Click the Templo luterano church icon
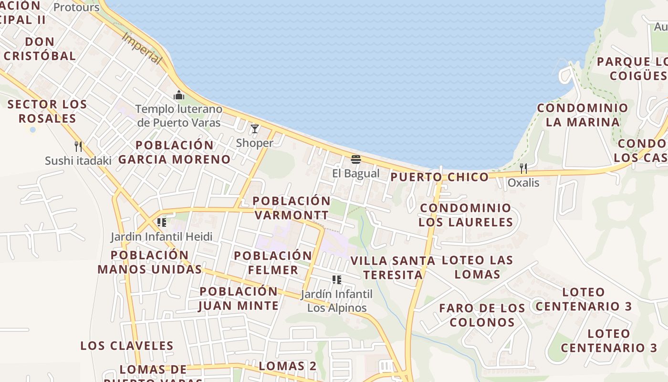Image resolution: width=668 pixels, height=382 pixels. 179,95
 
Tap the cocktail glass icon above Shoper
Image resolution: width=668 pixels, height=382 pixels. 255,128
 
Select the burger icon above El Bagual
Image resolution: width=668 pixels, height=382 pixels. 355,159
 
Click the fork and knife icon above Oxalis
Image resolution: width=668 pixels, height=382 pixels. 523,168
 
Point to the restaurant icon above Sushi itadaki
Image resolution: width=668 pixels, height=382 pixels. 78,146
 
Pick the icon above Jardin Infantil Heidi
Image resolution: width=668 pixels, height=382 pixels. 161,222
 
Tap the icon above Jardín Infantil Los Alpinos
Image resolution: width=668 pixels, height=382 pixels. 337,279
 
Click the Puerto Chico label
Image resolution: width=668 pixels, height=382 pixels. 439,177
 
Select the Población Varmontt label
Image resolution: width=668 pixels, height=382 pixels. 292,208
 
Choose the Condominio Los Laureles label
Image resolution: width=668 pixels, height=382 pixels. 466,215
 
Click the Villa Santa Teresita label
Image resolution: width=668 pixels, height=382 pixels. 393,267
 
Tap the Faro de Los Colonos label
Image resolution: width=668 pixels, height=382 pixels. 482,315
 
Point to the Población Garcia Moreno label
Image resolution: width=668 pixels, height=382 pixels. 174,152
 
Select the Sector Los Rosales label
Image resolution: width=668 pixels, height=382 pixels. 47,111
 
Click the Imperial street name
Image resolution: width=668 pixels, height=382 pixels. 142,48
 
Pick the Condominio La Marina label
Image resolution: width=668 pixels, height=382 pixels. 583,115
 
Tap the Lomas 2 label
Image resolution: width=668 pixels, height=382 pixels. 287,366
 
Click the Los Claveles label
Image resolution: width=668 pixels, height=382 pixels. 126,346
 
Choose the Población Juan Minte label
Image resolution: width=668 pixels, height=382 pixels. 239,298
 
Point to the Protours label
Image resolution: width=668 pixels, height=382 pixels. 76,8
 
